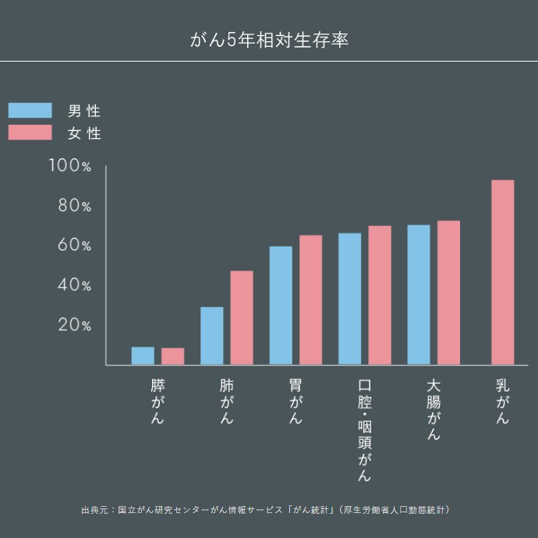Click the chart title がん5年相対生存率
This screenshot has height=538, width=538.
(269, 40)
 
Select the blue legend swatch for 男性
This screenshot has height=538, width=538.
(30, 111)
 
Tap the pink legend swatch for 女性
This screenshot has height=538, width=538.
(30, 133)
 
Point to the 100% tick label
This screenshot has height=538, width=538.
(70, 165)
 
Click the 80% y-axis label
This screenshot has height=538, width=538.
(75, 206)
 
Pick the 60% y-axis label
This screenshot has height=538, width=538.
(75, 246)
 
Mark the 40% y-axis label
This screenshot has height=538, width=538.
(75, 285)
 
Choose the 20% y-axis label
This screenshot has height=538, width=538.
(75, 325)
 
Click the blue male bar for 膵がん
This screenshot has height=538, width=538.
(143, 356)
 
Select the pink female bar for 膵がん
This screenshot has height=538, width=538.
(173, 356)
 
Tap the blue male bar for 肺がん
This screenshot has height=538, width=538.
(212, 336)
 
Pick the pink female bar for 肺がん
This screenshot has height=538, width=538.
(242, 318)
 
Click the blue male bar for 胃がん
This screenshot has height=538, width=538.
(281, 306)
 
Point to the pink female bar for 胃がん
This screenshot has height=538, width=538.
(311, 300)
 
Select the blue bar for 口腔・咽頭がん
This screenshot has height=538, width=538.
(349, 299)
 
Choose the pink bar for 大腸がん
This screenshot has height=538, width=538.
(448, 292)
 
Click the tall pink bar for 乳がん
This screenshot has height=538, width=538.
(503, 272)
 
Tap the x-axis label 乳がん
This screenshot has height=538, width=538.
(503, 402)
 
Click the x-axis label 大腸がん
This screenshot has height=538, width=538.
(434, 410)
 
